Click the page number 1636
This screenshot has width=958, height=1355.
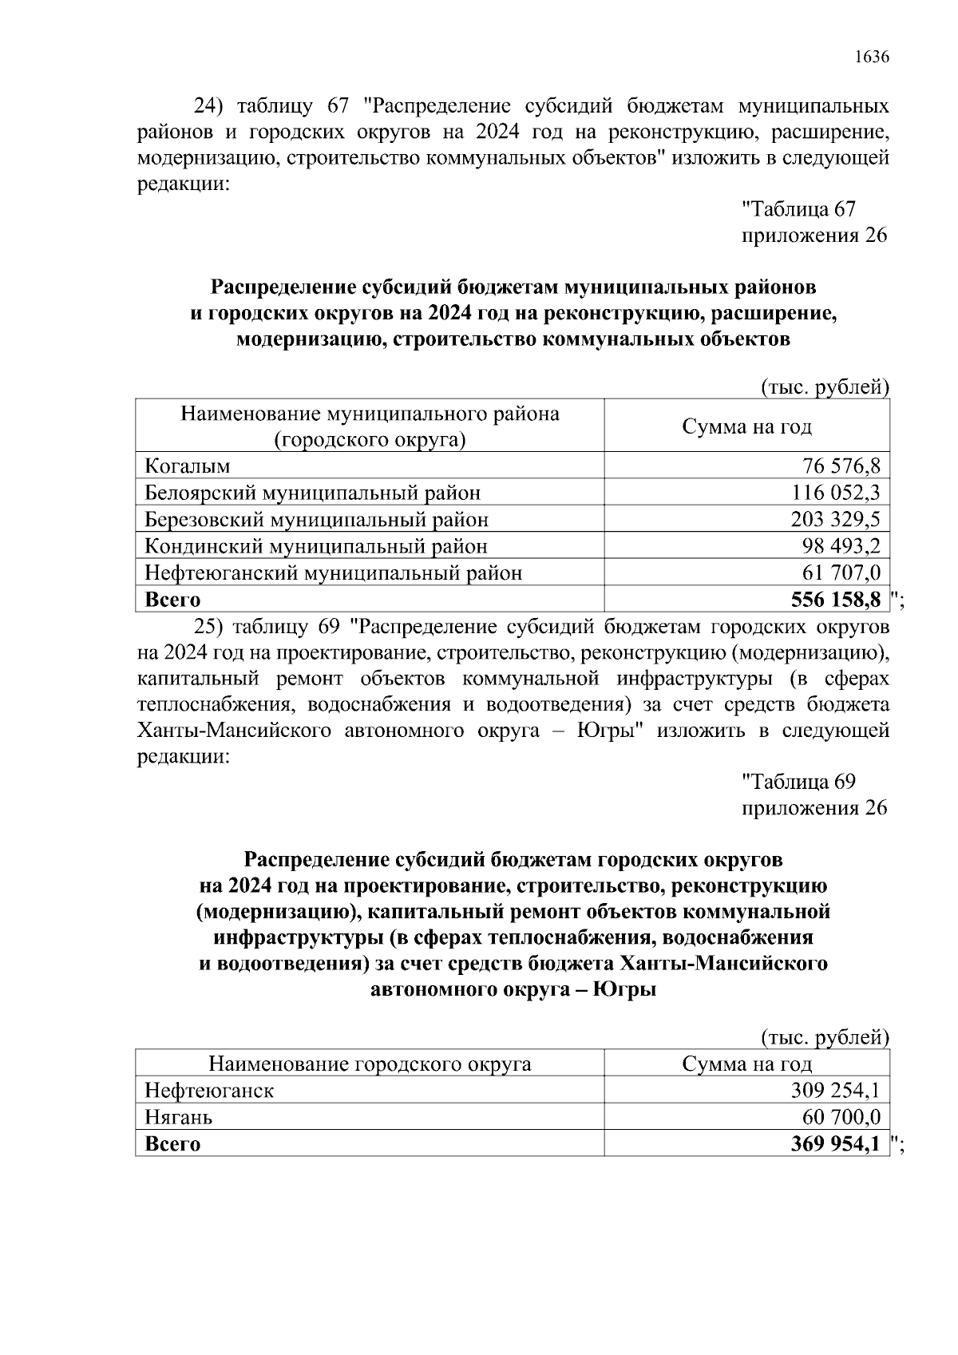pos(871,57)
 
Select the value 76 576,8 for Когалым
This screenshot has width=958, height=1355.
pos(841,466)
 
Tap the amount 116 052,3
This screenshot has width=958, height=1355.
pos(836,493)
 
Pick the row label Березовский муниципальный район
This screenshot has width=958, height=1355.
pos(316,520)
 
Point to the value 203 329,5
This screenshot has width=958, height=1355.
pos(836,520)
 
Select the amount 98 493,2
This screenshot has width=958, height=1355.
pos(841,547)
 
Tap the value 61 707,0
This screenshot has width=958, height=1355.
pos(841,573)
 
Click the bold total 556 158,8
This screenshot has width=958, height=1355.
pos(835,600)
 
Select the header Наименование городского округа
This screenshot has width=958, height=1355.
pos(370,1064)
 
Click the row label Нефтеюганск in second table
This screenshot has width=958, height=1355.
pos(209,1091)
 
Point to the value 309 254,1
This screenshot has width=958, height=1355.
pos(836,1091)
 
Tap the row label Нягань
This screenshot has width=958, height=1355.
pos(179,1117)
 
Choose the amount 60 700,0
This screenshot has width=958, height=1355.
pos(841,1117)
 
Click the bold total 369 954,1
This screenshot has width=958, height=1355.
pos(835,1144)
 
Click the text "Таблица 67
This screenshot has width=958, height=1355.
pos(799,210)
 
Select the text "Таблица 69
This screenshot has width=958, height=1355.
pos(799,782)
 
